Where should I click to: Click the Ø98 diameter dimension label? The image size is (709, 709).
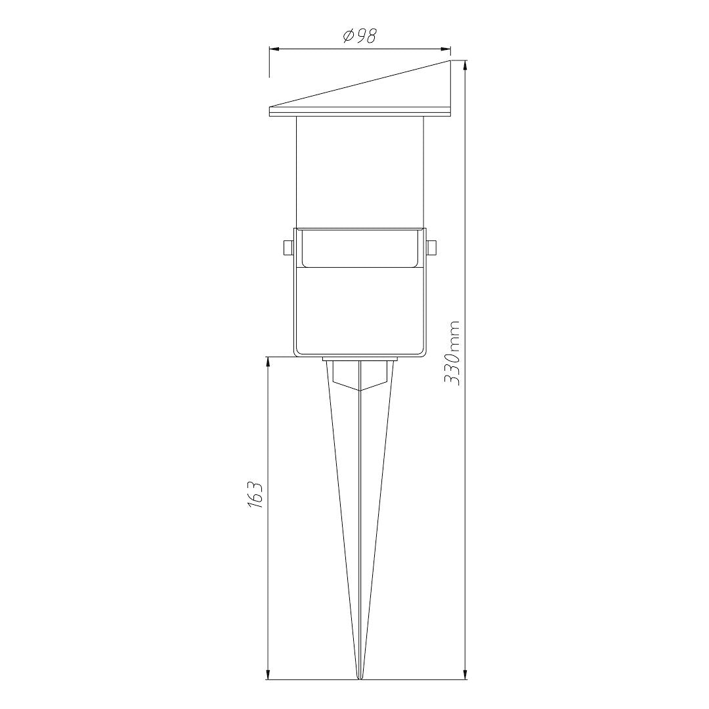tap(360, 35)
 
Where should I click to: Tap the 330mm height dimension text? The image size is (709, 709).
tap(452, 353)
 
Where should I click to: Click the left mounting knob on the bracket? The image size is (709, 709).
tap(288, 247)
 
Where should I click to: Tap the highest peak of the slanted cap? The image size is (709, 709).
tap(451, 61)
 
